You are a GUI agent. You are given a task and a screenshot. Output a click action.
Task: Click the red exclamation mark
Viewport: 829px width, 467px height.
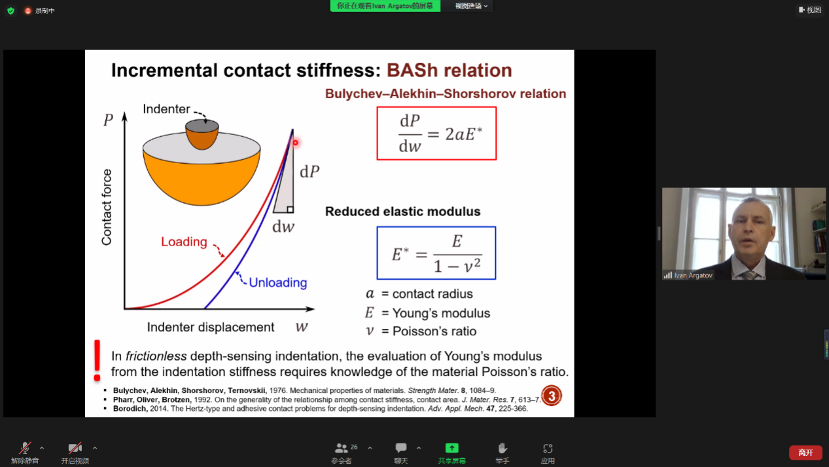pos(97,360)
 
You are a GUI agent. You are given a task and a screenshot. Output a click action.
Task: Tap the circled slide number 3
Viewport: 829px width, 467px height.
pos(551,396)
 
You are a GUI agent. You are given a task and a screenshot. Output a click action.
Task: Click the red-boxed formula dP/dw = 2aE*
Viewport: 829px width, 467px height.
pos(436,134)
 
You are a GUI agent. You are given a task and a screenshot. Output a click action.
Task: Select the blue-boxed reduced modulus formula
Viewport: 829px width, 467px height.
pos(436,253)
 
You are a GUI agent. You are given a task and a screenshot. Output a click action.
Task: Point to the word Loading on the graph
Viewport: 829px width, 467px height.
pos(184,242)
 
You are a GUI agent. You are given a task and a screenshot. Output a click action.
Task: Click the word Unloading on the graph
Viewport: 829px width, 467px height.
pos(278,282)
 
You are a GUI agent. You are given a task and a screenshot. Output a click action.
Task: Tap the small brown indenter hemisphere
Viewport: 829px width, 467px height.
pos(202,134)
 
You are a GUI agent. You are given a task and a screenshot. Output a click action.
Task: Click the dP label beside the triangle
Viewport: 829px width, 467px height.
pos(309,172)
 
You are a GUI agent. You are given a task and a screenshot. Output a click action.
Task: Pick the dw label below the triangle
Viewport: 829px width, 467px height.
pos(283,227)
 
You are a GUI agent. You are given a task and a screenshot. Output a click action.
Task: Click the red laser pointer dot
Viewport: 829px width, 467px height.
pos(295,143)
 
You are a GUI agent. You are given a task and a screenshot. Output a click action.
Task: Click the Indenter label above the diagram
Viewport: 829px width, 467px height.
pos(166,109)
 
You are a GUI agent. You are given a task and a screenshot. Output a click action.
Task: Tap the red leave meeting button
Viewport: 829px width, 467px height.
pos(805,453)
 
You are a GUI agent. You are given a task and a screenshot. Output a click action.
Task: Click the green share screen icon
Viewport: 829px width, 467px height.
pos(451,448)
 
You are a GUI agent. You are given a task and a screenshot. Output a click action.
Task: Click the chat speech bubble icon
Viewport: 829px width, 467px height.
pos(401,448)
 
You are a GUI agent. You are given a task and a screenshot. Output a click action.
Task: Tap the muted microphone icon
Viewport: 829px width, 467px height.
pos(25,448)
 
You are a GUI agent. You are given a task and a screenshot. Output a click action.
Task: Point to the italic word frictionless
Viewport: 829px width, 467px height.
pos(156,356)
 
